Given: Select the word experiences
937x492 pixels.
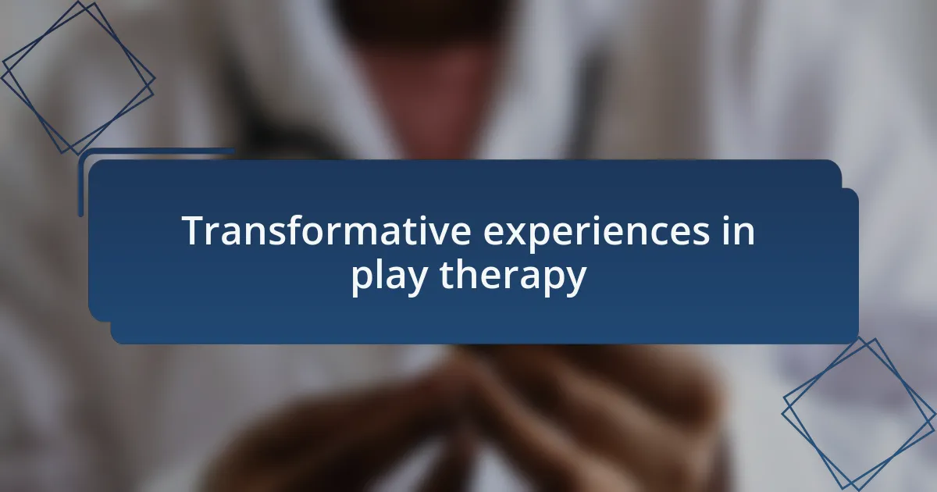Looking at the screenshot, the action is click(x=597, y=234).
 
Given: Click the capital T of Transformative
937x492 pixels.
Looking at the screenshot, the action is click(x=196, y=230).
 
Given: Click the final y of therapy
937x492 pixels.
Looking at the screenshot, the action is click(x=575, y=282).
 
